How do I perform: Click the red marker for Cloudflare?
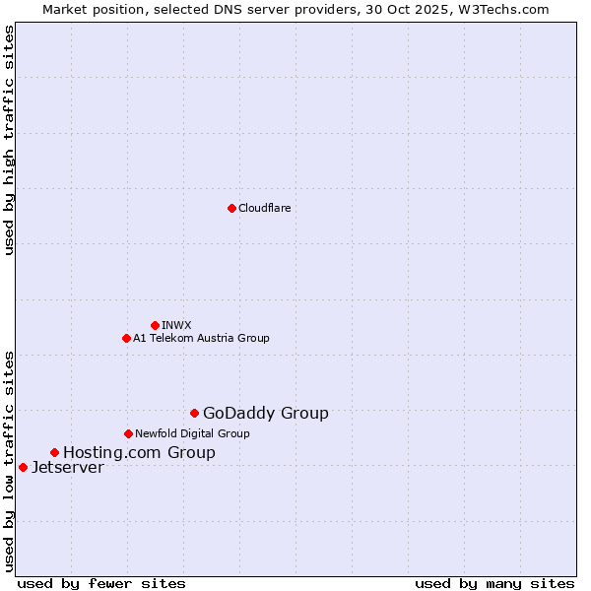231,208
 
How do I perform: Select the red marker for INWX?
155,325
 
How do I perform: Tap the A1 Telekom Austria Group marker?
126,338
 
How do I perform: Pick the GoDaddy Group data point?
194,413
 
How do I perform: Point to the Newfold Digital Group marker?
128,433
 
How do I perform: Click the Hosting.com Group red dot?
54,452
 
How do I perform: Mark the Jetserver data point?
23,467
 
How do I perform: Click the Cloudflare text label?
264,208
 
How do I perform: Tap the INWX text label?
176,325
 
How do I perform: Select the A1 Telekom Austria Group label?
201,338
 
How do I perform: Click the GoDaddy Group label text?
265,414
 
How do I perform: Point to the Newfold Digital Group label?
192,433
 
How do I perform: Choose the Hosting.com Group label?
139,453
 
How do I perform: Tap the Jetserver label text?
67,468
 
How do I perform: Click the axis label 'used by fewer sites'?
101,583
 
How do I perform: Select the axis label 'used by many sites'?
494,583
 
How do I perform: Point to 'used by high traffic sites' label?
10,140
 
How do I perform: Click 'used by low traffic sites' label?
10,460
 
